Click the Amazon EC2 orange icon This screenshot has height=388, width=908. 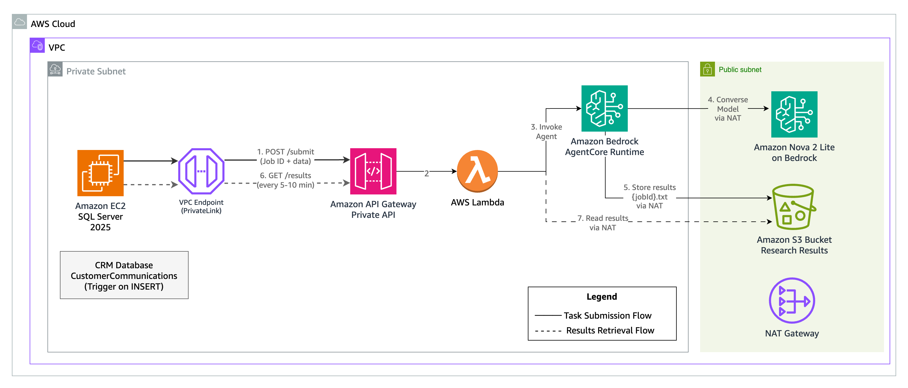(x=101, y=173)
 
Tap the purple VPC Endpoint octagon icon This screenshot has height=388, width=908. (x=201, y=171)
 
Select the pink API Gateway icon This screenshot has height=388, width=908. (x=373, y=171)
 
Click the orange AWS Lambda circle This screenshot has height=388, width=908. (x=477, y=171)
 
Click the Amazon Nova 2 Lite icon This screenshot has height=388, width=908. (x=794, y=114)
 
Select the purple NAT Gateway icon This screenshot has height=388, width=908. (x=792, y=301)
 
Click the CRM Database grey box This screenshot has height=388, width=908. (x=124, y=275)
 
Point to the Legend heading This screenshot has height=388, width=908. (x=601, y=297)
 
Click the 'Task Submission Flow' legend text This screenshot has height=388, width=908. (x=607, y=315)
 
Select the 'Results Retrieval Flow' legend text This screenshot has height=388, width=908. (x=610, y=330)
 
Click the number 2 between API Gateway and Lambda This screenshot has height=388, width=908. (x=426, y=173)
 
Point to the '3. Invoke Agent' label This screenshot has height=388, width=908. (x=546, y=131)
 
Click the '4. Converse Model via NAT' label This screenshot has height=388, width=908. (x=727, y=109)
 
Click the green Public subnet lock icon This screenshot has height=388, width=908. (x=707, y=69)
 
